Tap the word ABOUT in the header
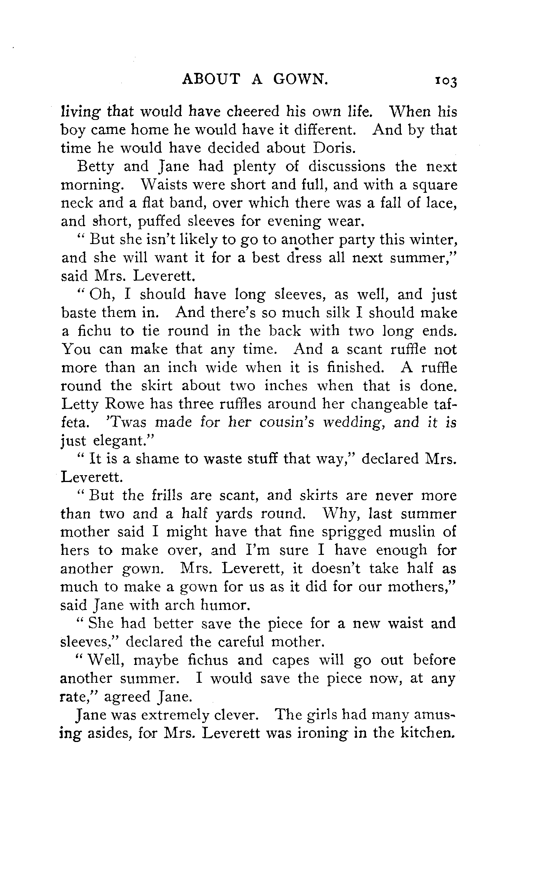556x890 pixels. point(211,79)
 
